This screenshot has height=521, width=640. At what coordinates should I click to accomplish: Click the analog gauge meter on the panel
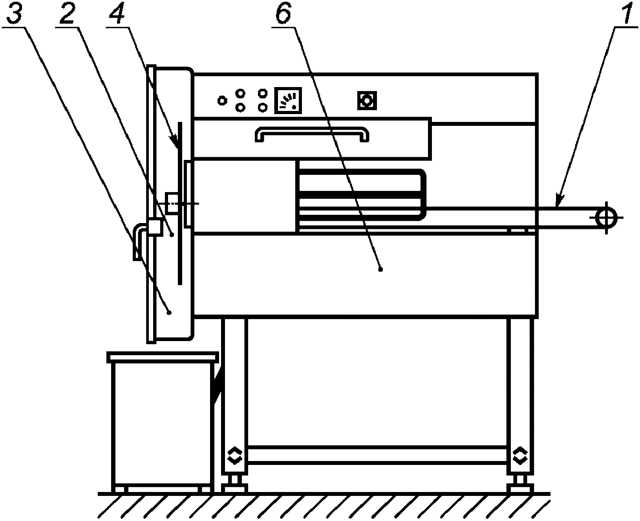coord(288,100)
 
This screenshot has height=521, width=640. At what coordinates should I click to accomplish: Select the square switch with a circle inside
coord(367,101)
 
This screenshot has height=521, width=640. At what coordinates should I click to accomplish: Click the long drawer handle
coord(312,134)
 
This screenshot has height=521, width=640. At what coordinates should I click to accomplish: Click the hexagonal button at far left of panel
coord(222,101)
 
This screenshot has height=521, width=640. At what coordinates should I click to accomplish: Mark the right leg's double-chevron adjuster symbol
coord(520,455)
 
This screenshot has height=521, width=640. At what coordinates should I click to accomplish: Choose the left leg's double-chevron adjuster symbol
coord(234,455)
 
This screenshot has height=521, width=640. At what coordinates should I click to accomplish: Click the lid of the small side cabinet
coord(163,357)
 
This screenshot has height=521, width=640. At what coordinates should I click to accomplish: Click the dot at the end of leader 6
coord(380,269)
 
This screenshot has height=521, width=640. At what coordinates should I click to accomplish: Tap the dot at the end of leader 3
coord(169,312)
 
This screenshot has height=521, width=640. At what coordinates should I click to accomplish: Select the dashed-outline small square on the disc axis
coord(172,203)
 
